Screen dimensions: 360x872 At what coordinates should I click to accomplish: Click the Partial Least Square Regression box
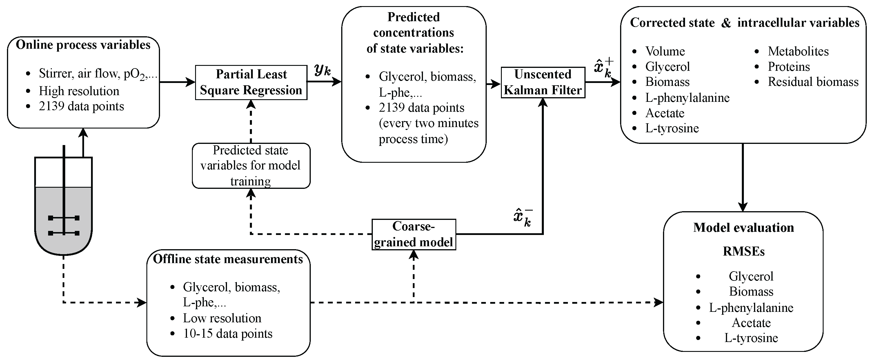click(251, 82)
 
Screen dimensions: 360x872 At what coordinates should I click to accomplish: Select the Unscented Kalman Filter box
click(543, 82)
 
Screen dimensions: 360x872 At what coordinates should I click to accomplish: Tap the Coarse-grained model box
click(413, 234)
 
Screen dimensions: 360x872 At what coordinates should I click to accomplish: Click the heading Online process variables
click(83, 45)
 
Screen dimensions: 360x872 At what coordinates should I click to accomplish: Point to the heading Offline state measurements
click(228, 259)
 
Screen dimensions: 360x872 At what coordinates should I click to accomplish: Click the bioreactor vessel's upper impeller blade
click(64, 218)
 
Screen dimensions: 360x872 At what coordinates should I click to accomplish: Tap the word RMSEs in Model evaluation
click(743, 252)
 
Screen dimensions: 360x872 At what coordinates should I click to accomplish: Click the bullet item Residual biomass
click(813, 82)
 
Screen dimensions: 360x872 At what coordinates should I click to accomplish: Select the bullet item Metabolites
click(798, 51)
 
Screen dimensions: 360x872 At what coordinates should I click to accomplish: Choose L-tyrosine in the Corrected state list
click(672, 128)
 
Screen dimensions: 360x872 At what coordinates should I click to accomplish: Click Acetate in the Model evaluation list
click(751, 323)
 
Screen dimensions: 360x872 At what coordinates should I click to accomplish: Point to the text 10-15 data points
click(228, 334)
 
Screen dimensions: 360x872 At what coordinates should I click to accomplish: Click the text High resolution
click(79, 91)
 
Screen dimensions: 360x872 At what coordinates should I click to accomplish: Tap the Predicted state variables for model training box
click(250, 166)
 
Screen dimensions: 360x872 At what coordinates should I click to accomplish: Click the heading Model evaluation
click(743, 228)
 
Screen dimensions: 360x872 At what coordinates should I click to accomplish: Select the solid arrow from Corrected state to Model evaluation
click(743, 176)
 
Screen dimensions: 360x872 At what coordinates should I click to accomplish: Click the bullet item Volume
click(665, 51)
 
